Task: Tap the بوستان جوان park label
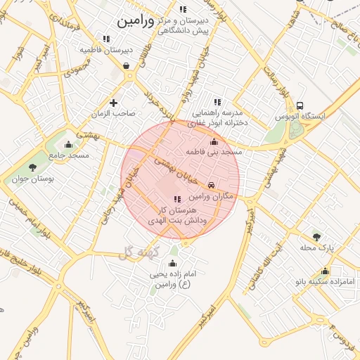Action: coord(32,179)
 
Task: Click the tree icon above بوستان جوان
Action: coord(32,167)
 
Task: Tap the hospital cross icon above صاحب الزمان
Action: coord(112,102)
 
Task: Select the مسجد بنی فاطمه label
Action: coord(214,152)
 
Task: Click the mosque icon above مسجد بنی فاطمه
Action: coord(214,141)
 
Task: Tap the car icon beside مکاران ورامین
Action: coord(212,185)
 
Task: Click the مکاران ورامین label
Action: coord(186,186)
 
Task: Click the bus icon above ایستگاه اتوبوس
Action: coord(300,105)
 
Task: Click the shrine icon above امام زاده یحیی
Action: coord(173,263)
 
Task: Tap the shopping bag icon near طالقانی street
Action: coord(126,66)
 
